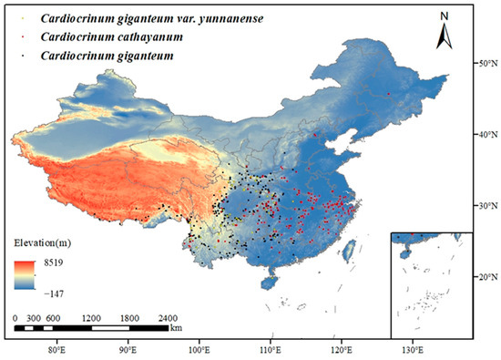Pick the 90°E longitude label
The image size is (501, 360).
pyautogui.click(x=128, y=349)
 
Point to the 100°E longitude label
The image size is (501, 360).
pyautogui.click(x=199, y=349)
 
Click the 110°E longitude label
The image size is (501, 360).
pyautogui.click(x=270, y=349)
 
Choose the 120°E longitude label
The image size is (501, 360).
pyautogui.click(x=340, y=349)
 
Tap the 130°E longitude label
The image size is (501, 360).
pyautogui.click(x=411, y=349)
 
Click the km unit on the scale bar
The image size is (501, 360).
pyautogui.click(x=176, y=327)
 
